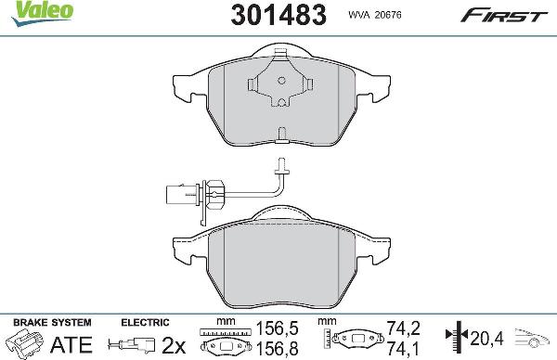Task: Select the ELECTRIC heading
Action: [144, 321]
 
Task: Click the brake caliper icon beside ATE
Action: [28, 342]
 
